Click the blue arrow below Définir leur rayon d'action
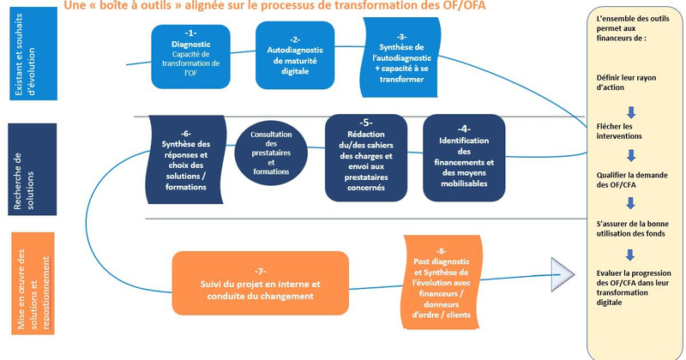tap(630, 111)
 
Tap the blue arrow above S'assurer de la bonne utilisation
tap(630, 204)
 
